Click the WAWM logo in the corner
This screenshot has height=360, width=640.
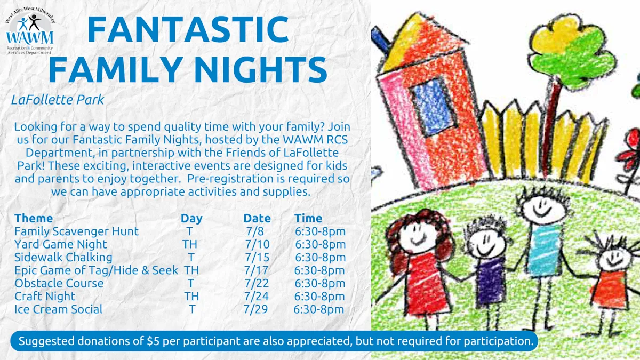point(30,31)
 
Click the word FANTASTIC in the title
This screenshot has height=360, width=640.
point(188,29)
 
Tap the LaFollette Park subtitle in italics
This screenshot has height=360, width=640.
point(58,100)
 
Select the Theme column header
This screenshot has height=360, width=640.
point(34,218)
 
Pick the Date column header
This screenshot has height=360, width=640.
point(257,218)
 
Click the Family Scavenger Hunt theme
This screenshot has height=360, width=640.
point(77,231)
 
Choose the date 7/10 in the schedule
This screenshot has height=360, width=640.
point(257,244)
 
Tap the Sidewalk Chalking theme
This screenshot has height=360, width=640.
point(63,258)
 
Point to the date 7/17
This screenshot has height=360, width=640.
point(257,270)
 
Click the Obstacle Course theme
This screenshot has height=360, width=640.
point(59,283)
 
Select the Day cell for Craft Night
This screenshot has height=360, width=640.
point(191,297)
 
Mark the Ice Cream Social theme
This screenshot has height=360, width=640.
point(58,309)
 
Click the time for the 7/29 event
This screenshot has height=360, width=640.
point(319,309)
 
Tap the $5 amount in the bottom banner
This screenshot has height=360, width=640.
point(153,341)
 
